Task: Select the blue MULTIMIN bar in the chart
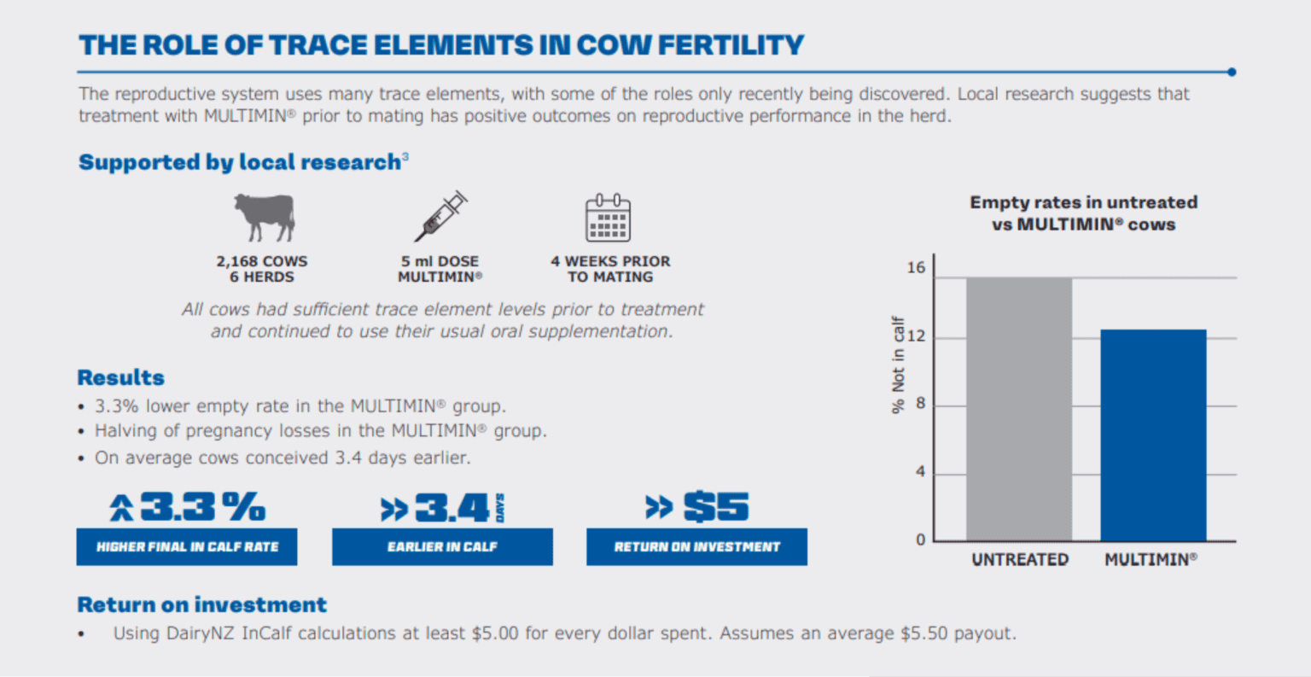pyautogui.click(x=1153, y=435)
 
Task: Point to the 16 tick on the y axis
pyautogui.click(x=916, y=268)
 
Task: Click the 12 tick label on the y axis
pyautogui.click(x=916, y=336)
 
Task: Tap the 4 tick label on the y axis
pyautogui.click(x=920, y=472)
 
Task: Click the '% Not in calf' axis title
pyautogui.click(x=898, y=365)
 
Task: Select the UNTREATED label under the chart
pyautogui.click(x=1020, y=560)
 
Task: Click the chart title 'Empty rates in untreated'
pyautogui.click(x=1083, y=203)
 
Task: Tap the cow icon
pyautogui.click(x=263, y=216)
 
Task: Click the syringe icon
pyautogui.click(x=440, y=216)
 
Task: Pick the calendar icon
pyautogui.click(x=608, y=218)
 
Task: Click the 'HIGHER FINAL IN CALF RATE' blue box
pyautogui.click(x=187, y=547)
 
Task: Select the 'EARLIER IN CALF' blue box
pyautogui.click(x=442, y=547)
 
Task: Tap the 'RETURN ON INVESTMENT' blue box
pyautogui.click(x=696, y=547)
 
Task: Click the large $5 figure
pyautogui.click(x=715, y=508)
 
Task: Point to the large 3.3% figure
pyautogui.click(x=202, y=508)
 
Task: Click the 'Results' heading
pyautogui.click(x=121, y=378)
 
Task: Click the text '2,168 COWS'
pyautogui.click(x=262, y=261)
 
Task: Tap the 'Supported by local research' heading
pyautogui.click(x=240, y=162)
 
